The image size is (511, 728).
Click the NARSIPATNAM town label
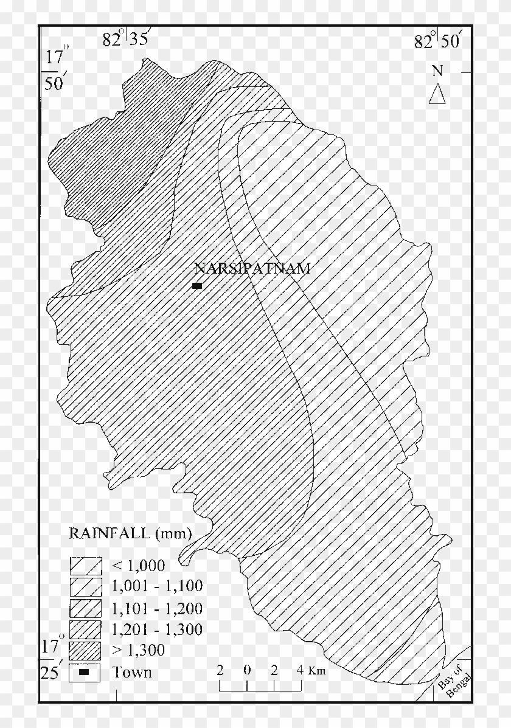point(252,269)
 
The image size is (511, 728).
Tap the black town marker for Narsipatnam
point(196,285)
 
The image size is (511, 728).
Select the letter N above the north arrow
point(437,71)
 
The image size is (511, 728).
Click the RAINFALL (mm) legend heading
point(130,534)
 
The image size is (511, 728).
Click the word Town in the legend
point(132,672)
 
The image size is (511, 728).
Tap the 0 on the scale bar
point(247,671)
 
